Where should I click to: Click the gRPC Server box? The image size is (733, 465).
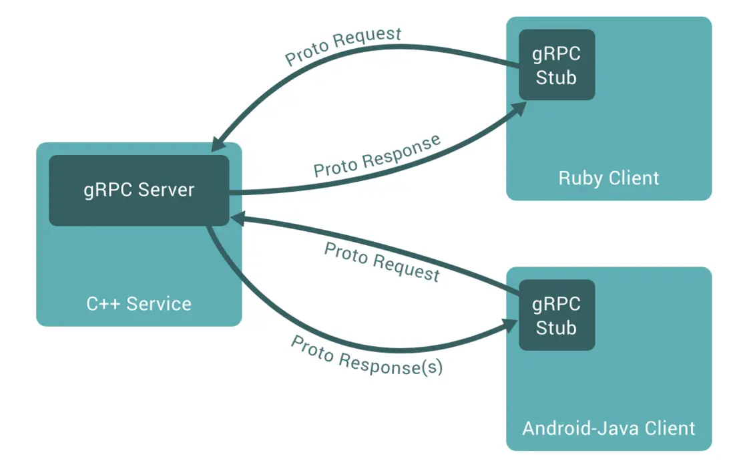pos(139,190)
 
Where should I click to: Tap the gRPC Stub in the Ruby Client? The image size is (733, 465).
pos(557,65)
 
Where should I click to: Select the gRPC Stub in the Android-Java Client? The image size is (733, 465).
pos(557,315)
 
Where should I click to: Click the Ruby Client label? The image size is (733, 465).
pos(608,178)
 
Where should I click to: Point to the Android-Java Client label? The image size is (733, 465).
pos(608,428)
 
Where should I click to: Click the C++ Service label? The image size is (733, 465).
pos(139,304)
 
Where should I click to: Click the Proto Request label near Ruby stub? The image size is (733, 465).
pos(343,46)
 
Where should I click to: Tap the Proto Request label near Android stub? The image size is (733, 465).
pos(382,262)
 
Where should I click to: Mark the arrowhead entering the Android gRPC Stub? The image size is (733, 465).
pos(511,326)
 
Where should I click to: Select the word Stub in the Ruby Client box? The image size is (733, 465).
pos(557,77)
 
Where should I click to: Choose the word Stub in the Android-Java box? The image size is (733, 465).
pos(557,328)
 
